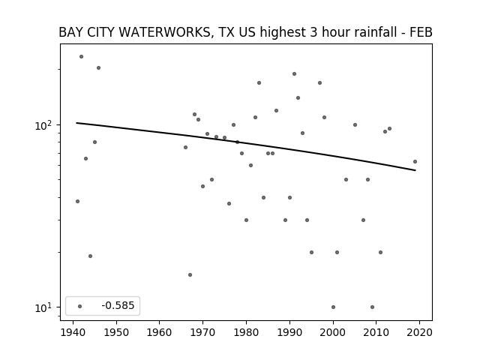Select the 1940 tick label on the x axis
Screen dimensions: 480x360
pyautogui.click(x=73, y=332)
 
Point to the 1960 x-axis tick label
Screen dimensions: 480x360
pyautogui.click(x=160, y=332)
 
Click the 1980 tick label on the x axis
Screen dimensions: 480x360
pyautogui.click(x=246, y=332)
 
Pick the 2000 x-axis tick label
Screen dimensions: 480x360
pyautogui.click(x=333, y=332)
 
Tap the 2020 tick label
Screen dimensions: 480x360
pyautogui.click(x=419, y=332)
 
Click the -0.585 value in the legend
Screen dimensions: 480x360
pyautogui.click(x=118, y=305)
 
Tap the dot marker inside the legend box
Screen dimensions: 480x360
pyautogui.click(x=80, y=306)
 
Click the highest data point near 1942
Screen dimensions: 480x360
pyautogui.click(x=82, y=57)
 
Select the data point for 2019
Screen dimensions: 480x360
pyautogui.click(x=415, y=162)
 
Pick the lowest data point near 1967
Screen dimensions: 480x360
pyautogui.click(x=190, y=275)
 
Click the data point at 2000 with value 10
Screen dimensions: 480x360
pyautogui.click(x=333, y=307)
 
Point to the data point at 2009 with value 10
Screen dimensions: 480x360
pyautogui.click(x=372, y=307)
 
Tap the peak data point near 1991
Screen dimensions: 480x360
pyautogui.click(x=295, y=73)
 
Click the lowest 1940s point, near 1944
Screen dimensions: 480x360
pyautogui.click(x=90, y=256)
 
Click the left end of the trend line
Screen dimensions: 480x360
pyautogui.click(x=76, y=123)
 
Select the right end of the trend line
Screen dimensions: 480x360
pyautogui.click(x=415, y=170)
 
